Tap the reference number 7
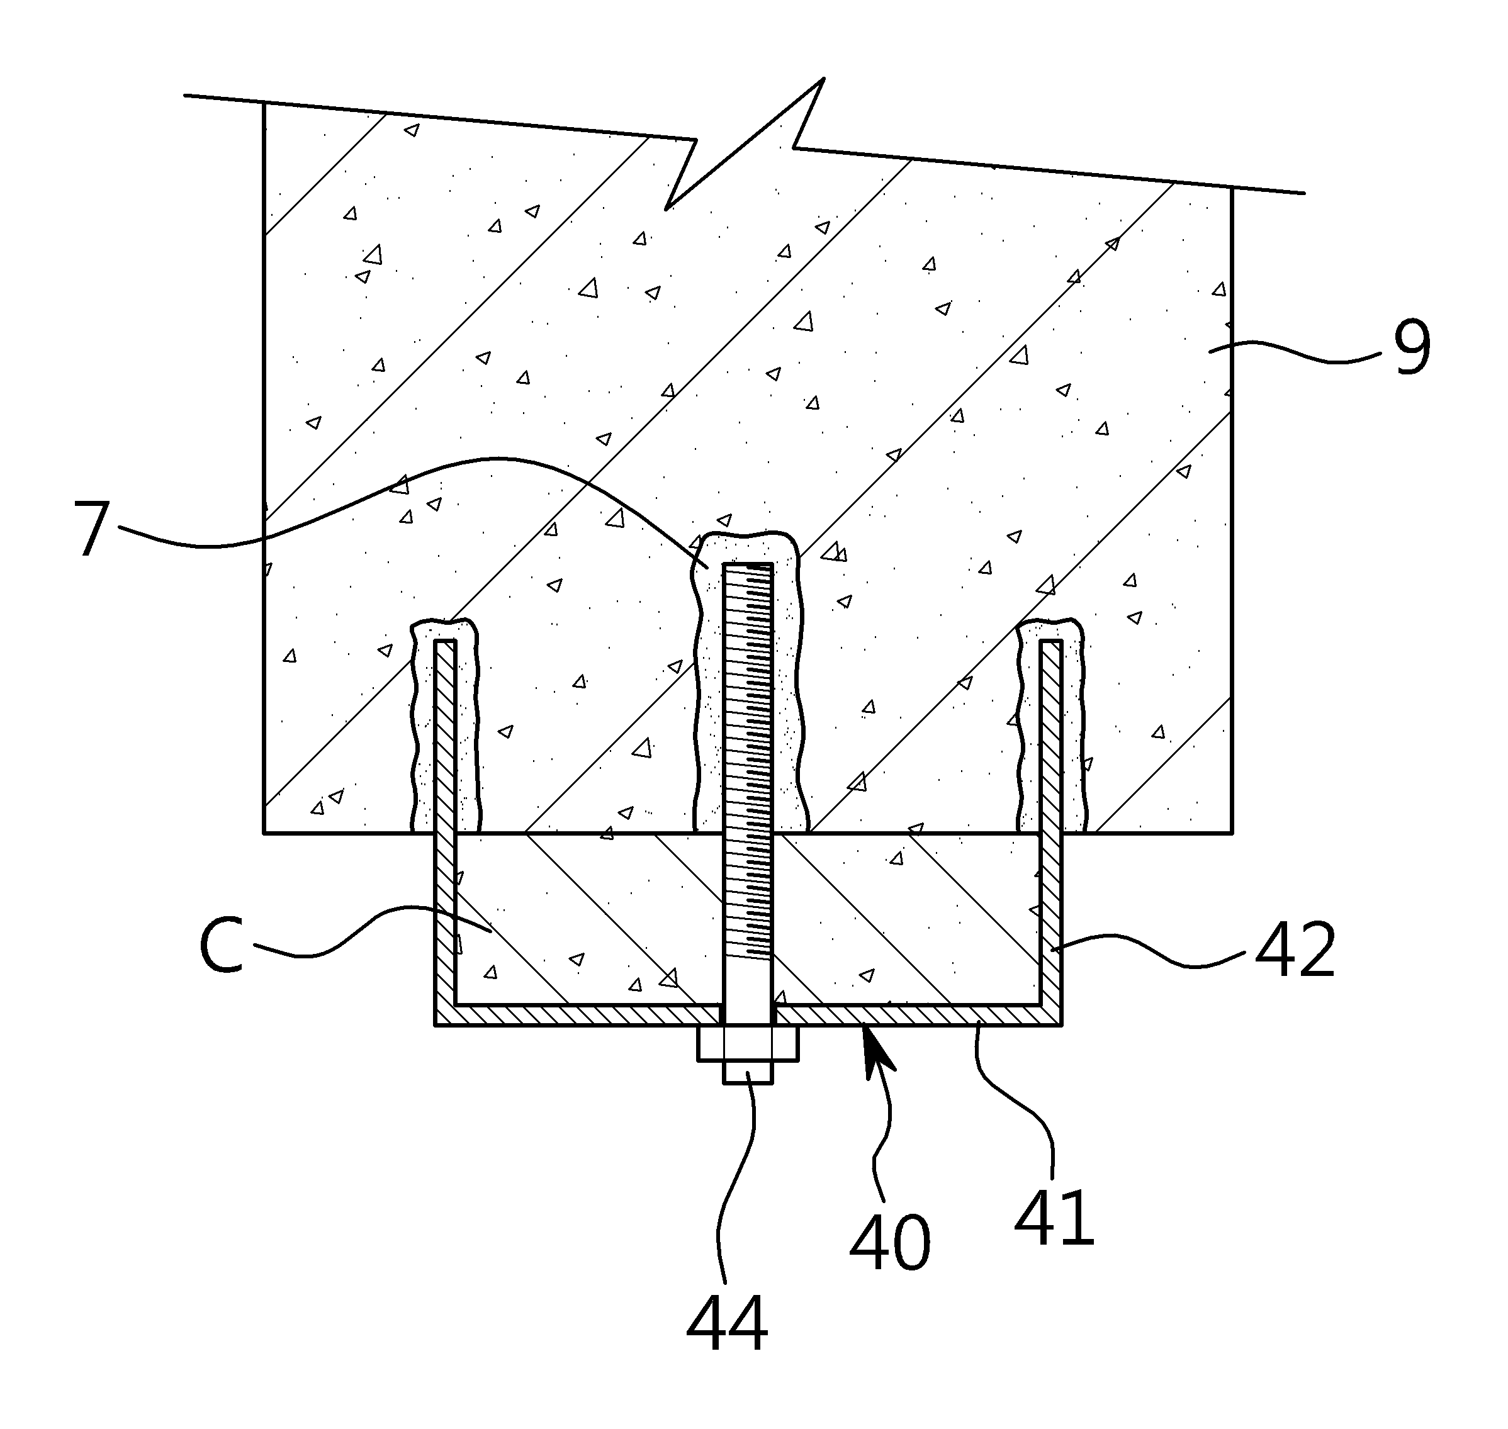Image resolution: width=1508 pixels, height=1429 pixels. tap(92, 529)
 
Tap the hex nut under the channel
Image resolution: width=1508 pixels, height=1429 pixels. tap(748, 1043)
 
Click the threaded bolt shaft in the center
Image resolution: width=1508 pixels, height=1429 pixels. tap(748, 792)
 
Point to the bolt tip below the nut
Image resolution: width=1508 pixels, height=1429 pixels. tap(748, 1072)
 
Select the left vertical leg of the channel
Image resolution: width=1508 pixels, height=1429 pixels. tap(445, 831)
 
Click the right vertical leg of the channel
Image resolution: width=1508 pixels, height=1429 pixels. tap(1051, 831)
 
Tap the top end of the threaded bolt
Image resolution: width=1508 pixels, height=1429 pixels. tap(748, 564)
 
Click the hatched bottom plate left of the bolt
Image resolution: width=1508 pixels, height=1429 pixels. tap(578, 1014)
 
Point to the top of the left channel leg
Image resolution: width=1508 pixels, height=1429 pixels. tap(445, 641)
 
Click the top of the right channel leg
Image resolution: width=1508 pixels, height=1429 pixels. tap(1051, 641)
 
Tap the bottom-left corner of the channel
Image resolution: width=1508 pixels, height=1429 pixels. tap(435, 1025)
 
